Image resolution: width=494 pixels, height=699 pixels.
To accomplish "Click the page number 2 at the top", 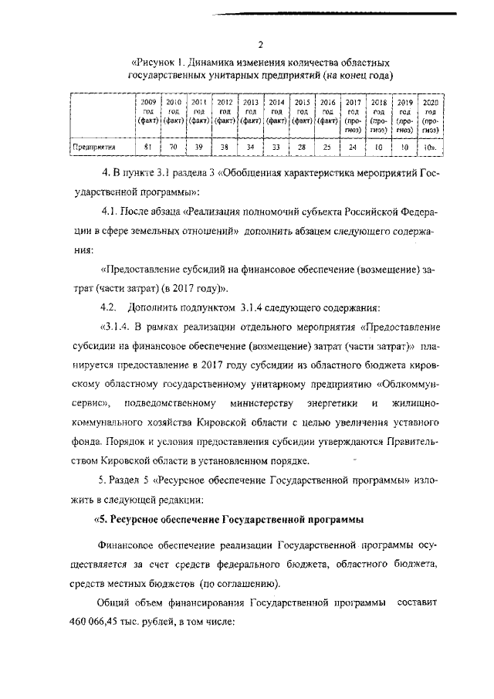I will coord(260,44).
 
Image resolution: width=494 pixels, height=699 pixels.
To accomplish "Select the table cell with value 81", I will coord(148,145).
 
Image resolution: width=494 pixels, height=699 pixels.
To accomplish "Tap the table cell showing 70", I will coord(174,145).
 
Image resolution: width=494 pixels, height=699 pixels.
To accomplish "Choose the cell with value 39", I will coord(199,145).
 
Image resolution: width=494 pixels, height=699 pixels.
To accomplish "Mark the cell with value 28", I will coord(302,145).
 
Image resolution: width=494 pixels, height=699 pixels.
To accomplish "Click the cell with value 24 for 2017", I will coord(354,145).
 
